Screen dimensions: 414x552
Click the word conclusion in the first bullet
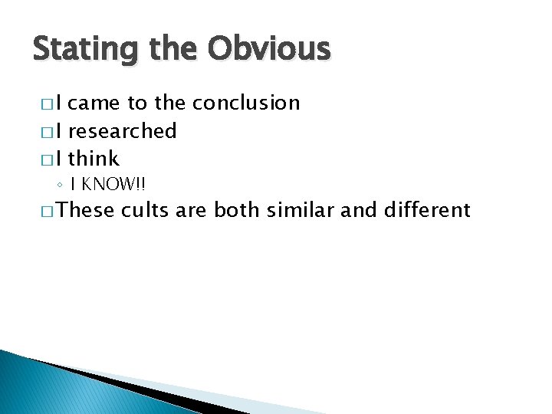[246, 103]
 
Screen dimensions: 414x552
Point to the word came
[98, 103]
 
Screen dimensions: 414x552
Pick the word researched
[123, 131]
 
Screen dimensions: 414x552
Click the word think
[94, 159]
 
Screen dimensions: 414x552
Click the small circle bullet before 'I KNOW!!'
[80, 185]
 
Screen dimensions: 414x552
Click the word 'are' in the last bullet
[192, 209]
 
